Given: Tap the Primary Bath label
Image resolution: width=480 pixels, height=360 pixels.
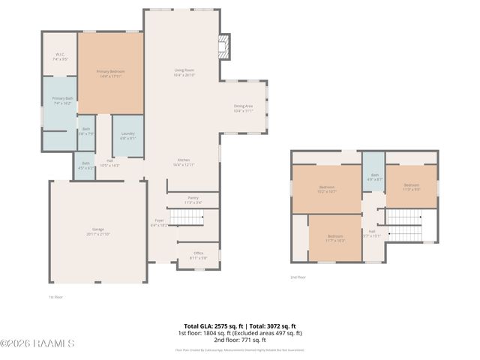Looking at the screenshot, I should point(62,100).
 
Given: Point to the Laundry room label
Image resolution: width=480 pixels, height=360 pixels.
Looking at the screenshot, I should point(127,136).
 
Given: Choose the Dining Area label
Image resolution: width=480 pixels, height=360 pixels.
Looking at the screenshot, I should point(243,108).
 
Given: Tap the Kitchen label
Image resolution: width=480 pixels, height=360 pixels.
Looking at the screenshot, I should point(184,162).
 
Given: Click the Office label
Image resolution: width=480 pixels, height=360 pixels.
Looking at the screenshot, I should point(199,255).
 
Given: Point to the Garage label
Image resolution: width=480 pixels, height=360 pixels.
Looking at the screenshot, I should point(98,232).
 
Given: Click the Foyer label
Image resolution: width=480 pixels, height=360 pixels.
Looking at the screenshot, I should point(159,222).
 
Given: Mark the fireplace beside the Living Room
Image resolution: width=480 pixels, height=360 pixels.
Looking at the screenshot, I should point(223,46).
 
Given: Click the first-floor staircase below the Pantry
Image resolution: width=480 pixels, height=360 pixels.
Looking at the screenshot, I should point(187,218).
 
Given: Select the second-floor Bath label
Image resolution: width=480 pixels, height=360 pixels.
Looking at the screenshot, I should point(374,177).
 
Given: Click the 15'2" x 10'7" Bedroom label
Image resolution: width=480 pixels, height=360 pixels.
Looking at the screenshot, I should point(327,189).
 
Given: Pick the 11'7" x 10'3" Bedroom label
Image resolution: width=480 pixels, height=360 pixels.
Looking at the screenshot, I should point(334,239).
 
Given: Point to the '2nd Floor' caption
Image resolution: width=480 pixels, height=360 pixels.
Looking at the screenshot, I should point(298,277).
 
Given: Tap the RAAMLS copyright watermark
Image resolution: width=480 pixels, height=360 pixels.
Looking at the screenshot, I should point(37,343).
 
